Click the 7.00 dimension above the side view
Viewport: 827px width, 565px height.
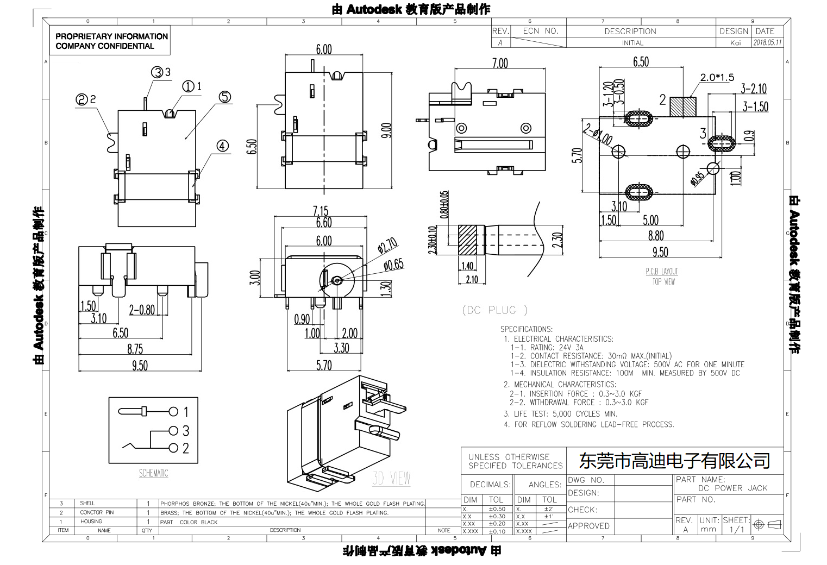(500, 64)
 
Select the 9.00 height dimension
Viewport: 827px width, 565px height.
(386, 130)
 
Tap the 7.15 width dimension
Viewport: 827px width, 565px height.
(321, 211)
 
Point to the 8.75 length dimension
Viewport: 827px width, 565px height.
(135, 349)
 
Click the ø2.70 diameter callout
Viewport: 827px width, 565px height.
(387, 246)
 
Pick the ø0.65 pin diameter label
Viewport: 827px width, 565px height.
(393, 265)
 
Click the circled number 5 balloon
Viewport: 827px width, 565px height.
(225, 97)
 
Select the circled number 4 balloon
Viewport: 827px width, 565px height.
(223, 146)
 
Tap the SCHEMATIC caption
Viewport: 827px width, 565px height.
(153, 473)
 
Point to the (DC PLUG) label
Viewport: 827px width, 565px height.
(495, 310)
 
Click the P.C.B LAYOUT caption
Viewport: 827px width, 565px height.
(662, 272)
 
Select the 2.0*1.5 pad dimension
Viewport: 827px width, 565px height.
(717, 78)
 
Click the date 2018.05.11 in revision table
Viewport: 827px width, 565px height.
(767, 42)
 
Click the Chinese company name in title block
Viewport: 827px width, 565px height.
(674, 461)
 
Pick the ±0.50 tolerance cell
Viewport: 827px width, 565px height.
(497, 509)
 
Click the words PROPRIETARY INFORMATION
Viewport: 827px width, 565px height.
(112, 36)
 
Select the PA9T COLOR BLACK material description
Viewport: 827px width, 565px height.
(189, 522)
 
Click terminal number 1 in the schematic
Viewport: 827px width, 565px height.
(186, 412)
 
